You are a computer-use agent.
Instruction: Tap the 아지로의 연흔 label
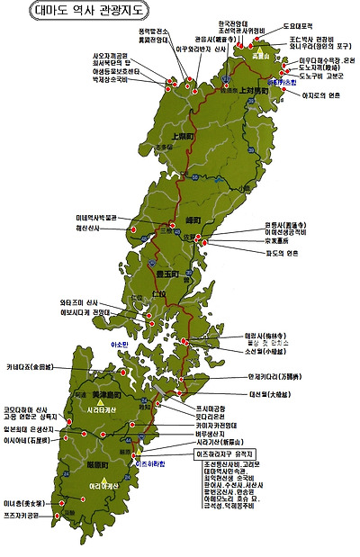(324, 121)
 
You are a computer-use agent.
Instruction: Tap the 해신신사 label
(91, 229)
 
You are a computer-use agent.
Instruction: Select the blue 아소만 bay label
(120, 344)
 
